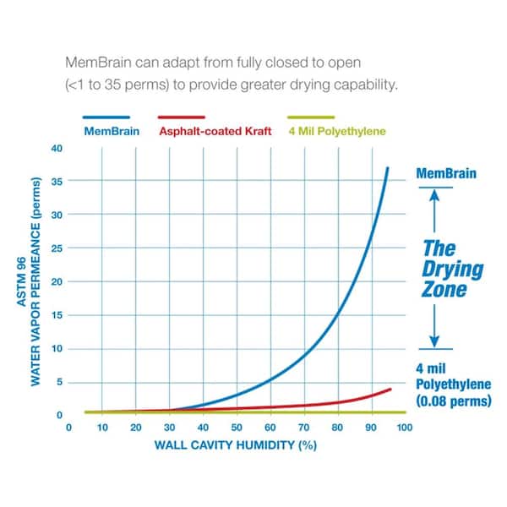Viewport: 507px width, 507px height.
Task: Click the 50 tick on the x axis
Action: click(237, 428)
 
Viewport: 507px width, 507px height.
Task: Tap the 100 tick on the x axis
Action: click(404, 428)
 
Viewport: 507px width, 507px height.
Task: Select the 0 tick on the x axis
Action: click(69, 428)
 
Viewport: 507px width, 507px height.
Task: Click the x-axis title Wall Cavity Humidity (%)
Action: click(236, 444)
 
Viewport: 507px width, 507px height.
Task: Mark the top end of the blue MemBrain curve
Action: click(387, 168)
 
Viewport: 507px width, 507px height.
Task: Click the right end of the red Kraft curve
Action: click(390, 389)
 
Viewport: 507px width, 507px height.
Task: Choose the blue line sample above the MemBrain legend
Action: click(106, 117)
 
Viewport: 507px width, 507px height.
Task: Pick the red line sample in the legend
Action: click(182, 117)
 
